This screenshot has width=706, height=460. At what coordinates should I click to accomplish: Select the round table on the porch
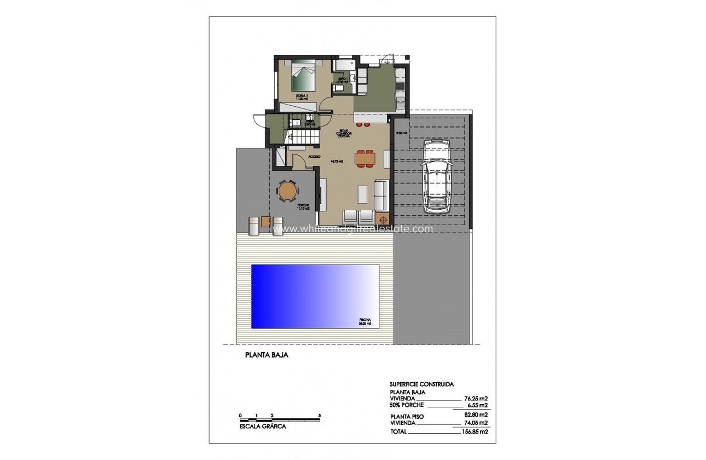point(287,192)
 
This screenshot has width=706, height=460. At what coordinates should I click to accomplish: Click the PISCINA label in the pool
point(364,319)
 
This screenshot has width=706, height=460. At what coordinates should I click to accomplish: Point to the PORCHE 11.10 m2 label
point(303,206)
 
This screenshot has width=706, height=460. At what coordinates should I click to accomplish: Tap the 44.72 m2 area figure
point(337,162)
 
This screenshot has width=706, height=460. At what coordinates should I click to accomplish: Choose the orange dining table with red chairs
point(365,158)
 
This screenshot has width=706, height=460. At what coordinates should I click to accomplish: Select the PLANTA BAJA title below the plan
point(267,355)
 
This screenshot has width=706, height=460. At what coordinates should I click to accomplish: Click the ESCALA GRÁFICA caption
point(263,426)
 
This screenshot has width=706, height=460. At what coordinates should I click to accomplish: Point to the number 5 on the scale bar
point(319,416)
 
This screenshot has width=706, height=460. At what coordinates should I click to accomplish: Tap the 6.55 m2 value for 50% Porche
point(477,406)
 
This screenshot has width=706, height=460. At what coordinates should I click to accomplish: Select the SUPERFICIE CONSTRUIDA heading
point(421,384)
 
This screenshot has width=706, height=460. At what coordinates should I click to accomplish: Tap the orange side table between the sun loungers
point(266,222)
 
